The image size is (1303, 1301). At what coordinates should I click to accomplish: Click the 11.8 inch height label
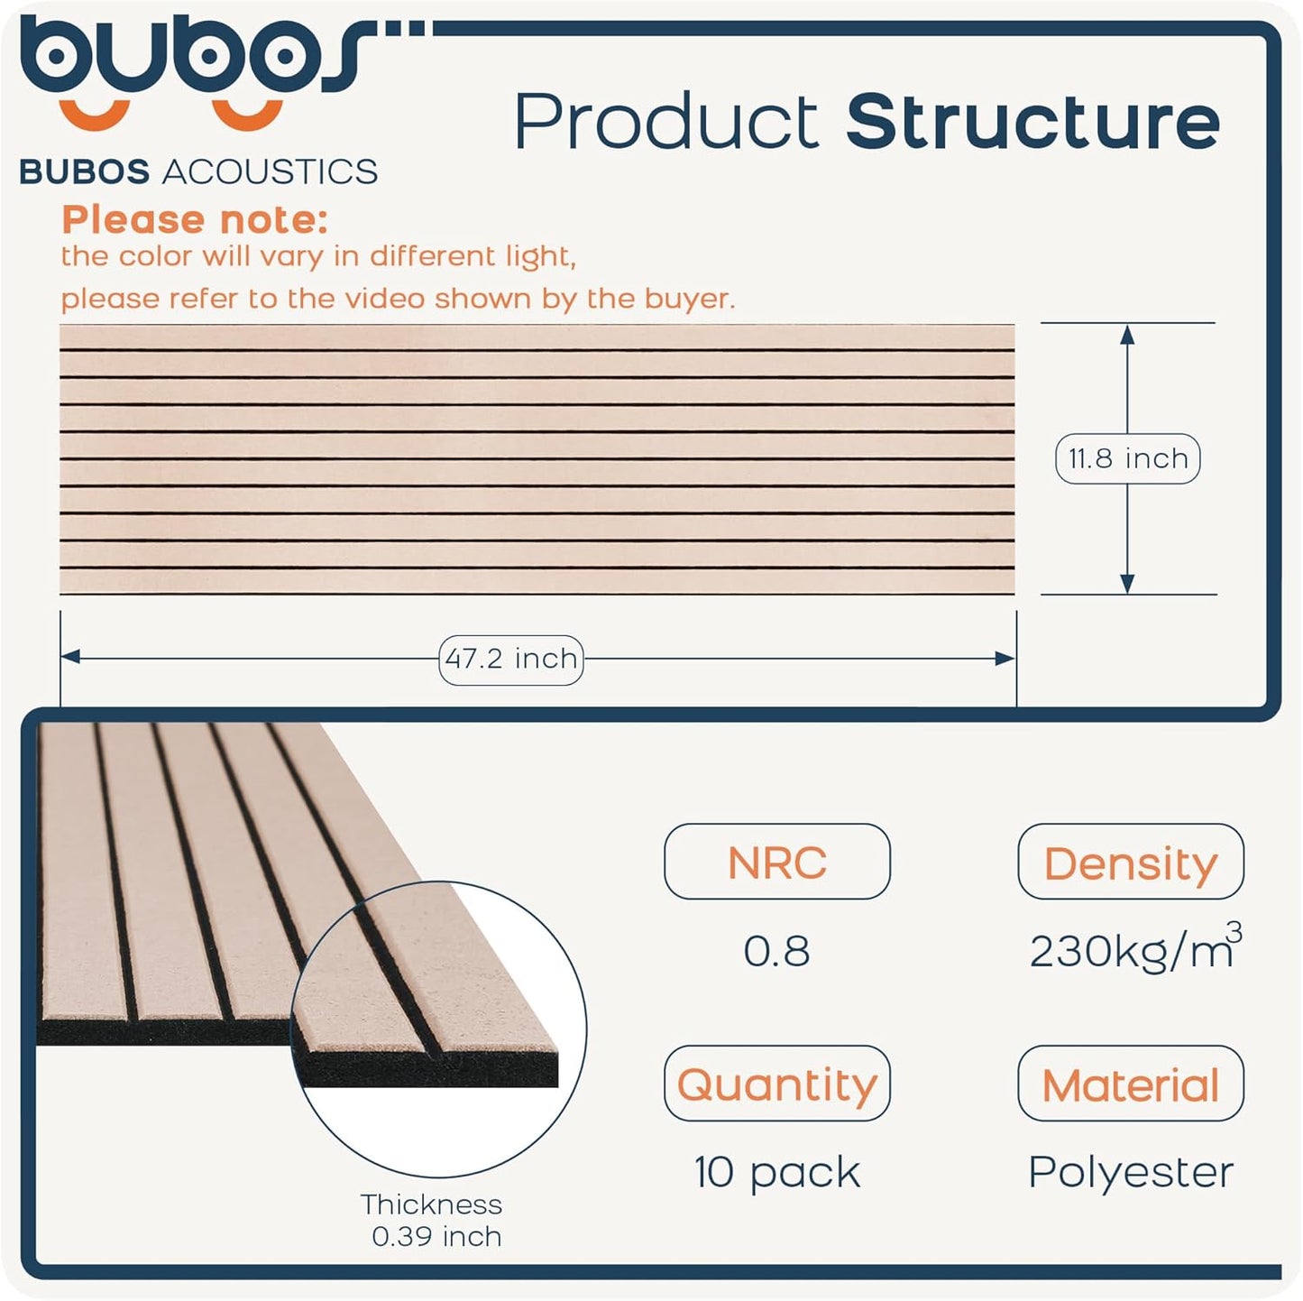(1127, 458)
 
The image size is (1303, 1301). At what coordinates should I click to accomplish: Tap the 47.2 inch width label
(510, 659)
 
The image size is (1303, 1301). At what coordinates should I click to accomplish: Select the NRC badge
(776, 862)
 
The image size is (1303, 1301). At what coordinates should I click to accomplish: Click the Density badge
(1130, 862)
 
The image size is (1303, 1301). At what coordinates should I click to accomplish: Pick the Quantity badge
(776, 1084)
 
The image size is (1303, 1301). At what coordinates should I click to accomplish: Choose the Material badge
(1130, 1084)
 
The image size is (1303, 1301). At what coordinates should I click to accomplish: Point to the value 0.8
(776, 951)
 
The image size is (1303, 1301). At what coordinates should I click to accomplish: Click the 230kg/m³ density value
(1133, 951)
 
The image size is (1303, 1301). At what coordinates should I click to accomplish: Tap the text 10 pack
(776, 1172)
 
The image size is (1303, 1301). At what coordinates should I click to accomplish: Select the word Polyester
(1130, 1172)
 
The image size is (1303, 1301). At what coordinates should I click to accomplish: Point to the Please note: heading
(195, 219)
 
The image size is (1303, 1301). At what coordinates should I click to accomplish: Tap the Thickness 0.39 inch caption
(433, 1220)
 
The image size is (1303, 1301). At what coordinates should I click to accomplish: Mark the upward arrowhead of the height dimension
(1126, 335)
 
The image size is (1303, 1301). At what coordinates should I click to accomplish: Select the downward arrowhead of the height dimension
(1126, 583)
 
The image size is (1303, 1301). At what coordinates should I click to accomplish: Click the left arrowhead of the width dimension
(70, 658)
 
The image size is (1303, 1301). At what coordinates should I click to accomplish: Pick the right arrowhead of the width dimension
(1005, 659)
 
